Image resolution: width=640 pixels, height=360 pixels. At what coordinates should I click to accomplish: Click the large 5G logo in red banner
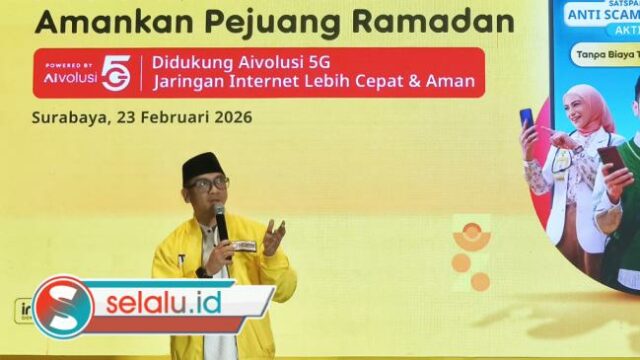115,72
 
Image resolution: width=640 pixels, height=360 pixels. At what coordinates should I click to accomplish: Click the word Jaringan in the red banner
189,84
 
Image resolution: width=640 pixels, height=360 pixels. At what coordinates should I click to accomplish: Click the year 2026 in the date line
231,116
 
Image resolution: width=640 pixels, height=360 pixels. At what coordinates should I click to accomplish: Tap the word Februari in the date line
171,116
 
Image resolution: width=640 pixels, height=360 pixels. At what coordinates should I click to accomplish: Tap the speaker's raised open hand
272,236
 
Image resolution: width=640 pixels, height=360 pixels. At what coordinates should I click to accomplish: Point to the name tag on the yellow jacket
244,246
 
